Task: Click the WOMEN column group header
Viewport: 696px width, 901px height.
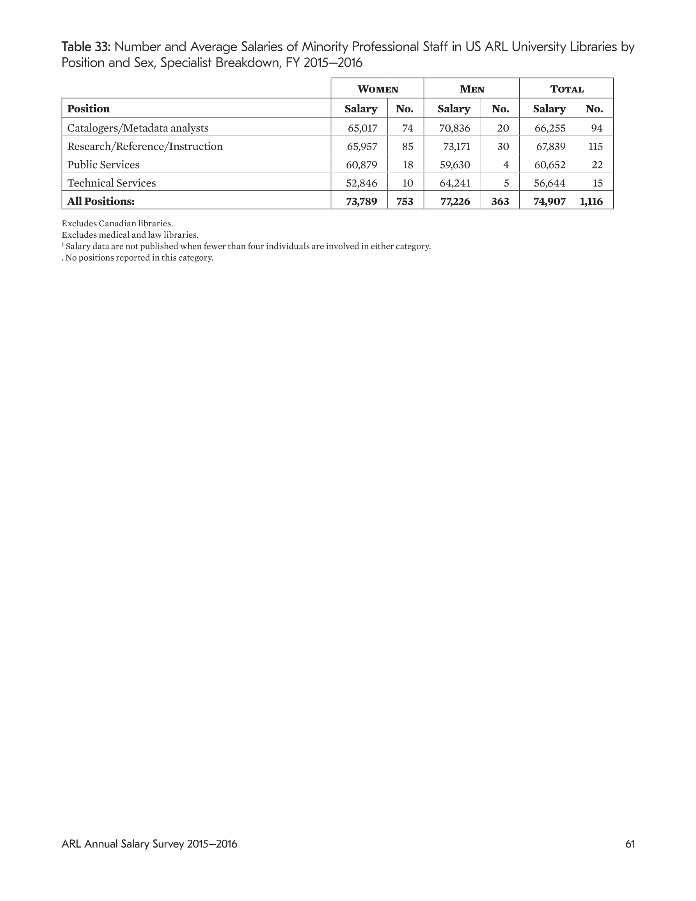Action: click(378, 89)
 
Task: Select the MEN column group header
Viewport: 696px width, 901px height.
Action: click(472, 89)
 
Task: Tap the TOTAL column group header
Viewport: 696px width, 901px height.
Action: click(566, 89)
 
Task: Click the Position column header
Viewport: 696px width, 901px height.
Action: click(88, 108)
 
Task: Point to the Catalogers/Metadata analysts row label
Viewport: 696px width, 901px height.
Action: click(138, 128)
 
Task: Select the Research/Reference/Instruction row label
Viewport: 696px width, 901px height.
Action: click(145, 146)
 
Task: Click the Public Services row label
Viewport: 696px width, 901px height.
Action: click(103, 165)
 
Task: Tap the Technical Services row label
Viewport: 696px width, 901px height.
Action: click(112, 183)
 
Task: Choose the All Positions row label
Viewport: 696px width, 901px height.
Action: click(101, 201)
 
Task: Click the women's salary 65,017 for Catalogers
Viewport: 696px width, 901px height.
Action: click(362, 128)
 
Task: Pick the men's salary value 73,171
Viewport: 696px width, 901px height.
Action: click(456, 146)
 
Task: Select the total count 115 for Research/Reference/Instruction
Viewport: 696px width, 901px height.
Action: click(595, 146)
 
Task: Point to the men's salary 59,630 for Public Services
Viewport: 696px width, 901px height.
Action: click(455, 165)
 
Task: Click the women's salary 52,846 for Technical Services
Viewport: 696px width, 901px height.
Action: click(361, 183)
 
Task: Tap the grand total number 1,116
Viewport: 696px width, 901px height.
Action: click(591, 201)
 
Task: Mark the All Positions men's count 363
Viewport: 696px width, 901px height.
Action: click(500, 201)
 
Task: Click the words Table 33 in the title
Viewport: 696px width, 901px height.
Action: click(86, 46)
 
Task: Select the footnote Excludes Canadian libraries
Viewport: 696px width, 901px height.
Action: click(117, 223)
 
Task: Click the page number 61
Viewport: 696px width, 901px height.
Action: click(630, 844)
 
